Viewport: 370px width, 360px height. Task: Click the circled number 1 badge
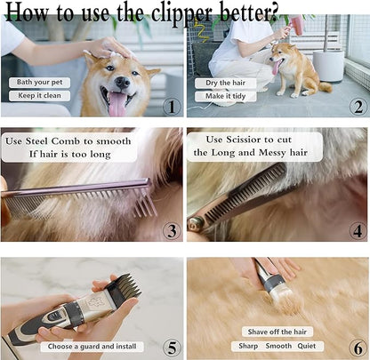point(171,107)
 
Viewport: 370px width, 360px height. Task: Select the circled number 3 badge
point(171,231)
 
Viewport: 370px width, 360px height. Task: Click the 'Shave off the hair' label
point(278,332)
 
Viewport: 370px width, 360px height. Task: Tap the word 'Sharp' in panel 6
point(247,345)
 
